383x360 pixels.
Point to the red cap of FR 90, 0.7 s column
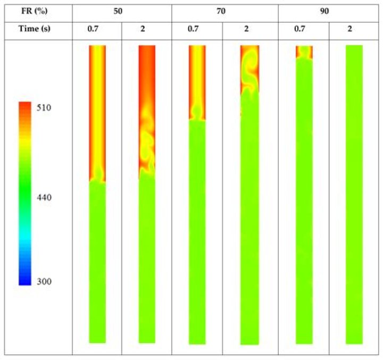[x=304, y=52]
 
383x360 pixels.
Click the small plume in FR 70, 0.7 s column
[x=197, y=113]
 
